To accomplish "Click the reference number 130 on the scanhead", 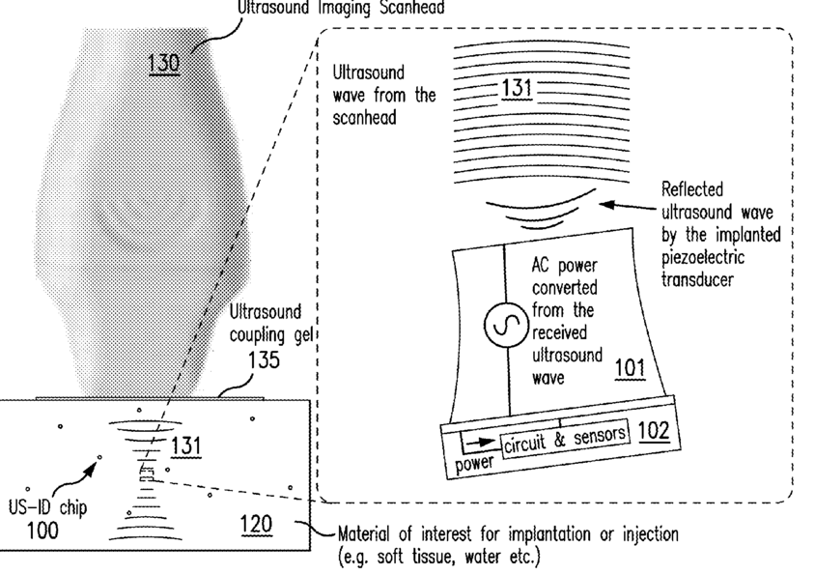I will (x=164, y=63).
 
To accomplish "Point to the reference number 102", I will (x=654, y=430).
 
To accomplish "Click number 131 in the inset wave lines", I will (x=516, y=90).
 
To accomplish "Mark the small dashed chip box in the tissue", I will (x=146, y=474).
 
